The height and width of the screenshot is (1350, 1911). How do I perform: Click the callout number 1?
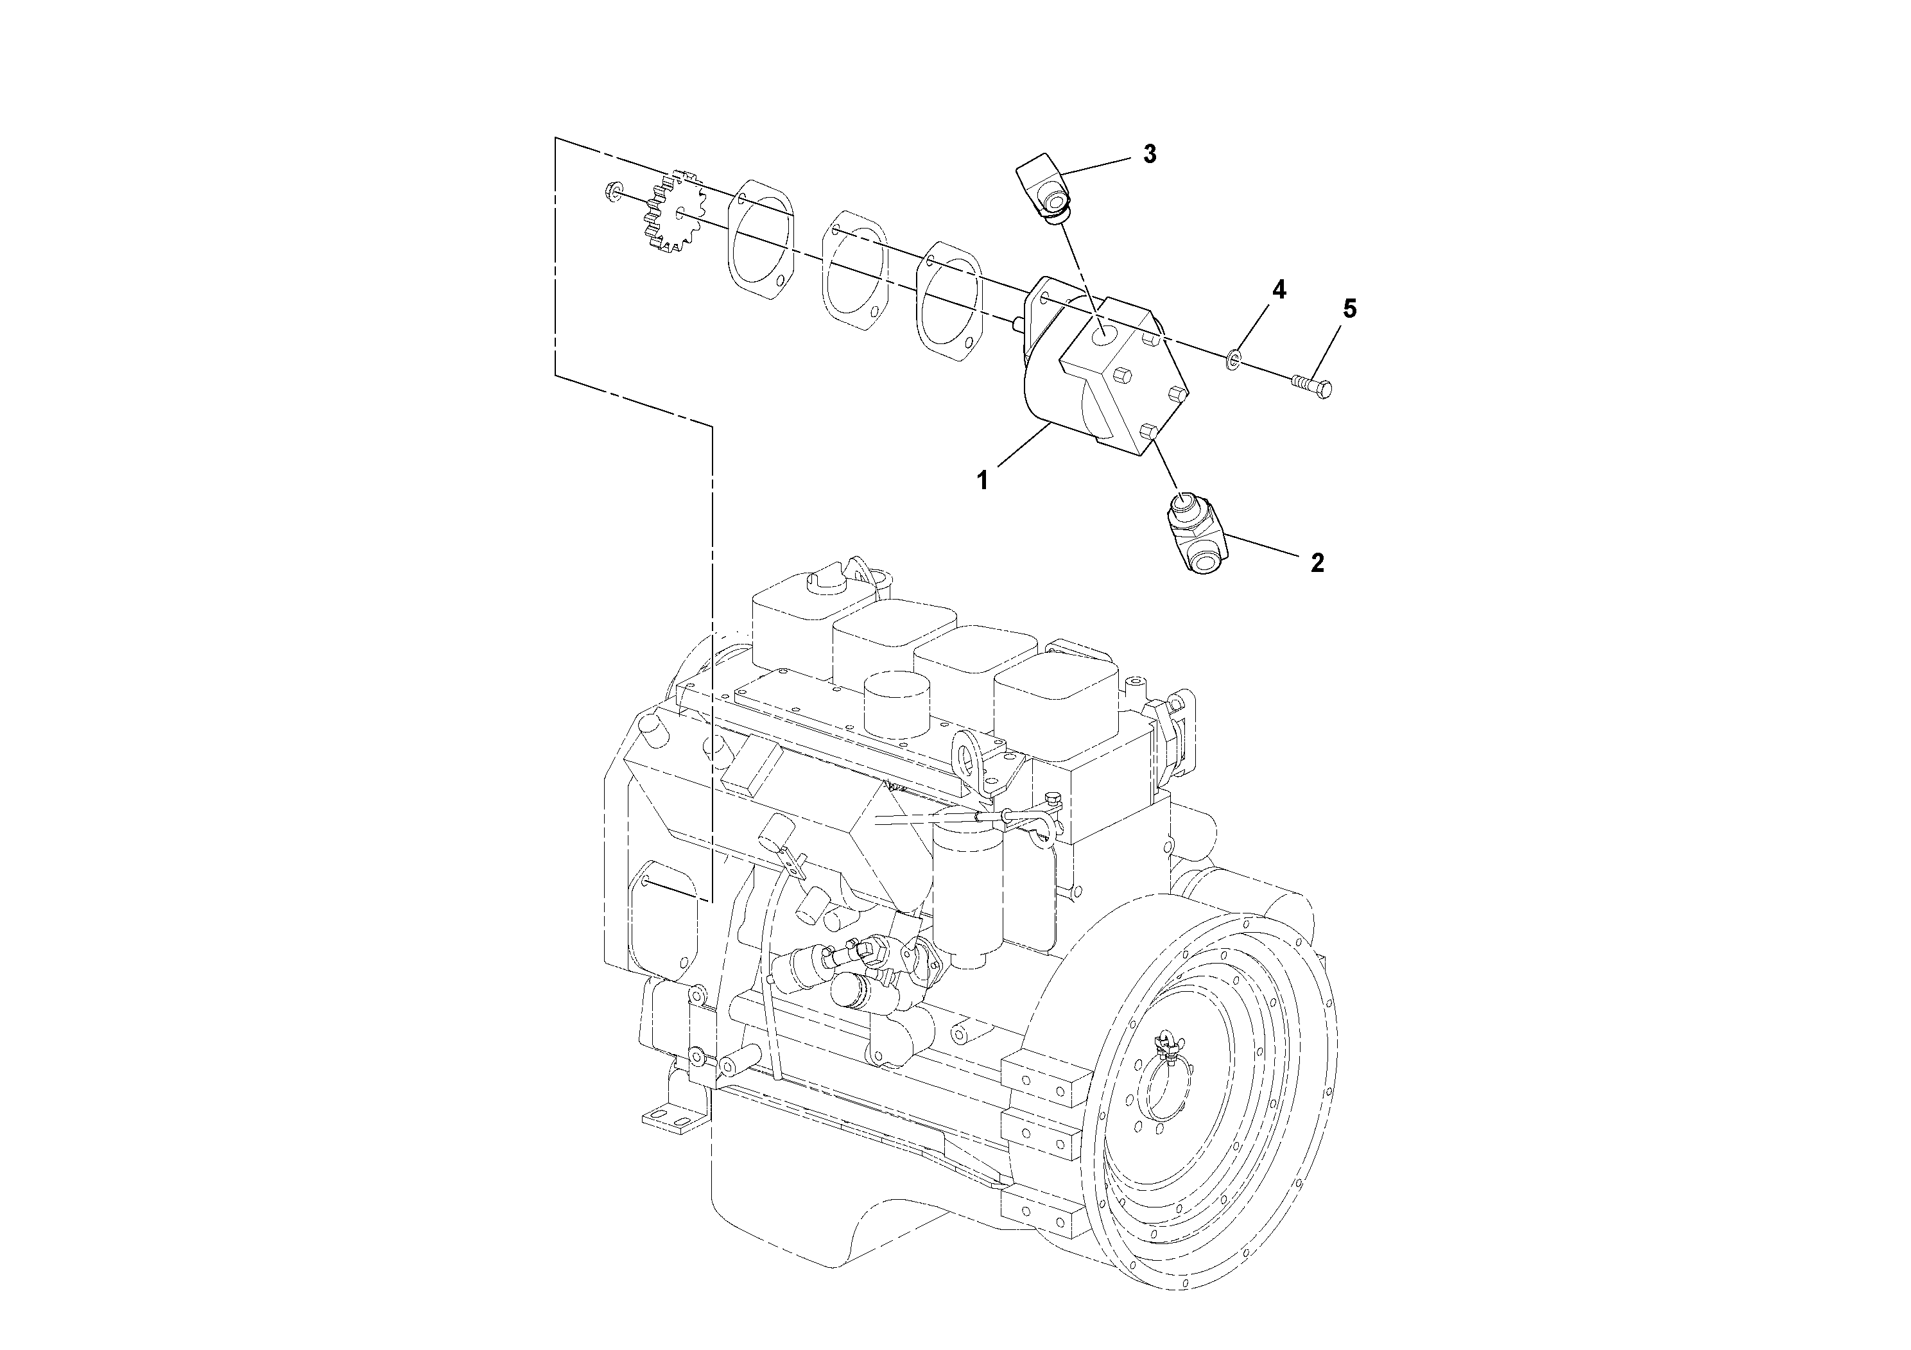coord(983,480)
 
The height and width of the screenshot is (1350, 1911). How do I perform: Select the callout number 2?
coord(1317,562)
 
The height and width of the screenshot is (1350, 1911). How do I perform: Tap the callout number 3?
coord(1150,154)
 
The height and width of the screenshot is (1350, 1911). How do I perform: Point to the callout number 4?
coord(1279,290)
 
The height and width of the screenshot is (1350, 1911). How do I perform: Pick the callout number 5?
coord(1349,309)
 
